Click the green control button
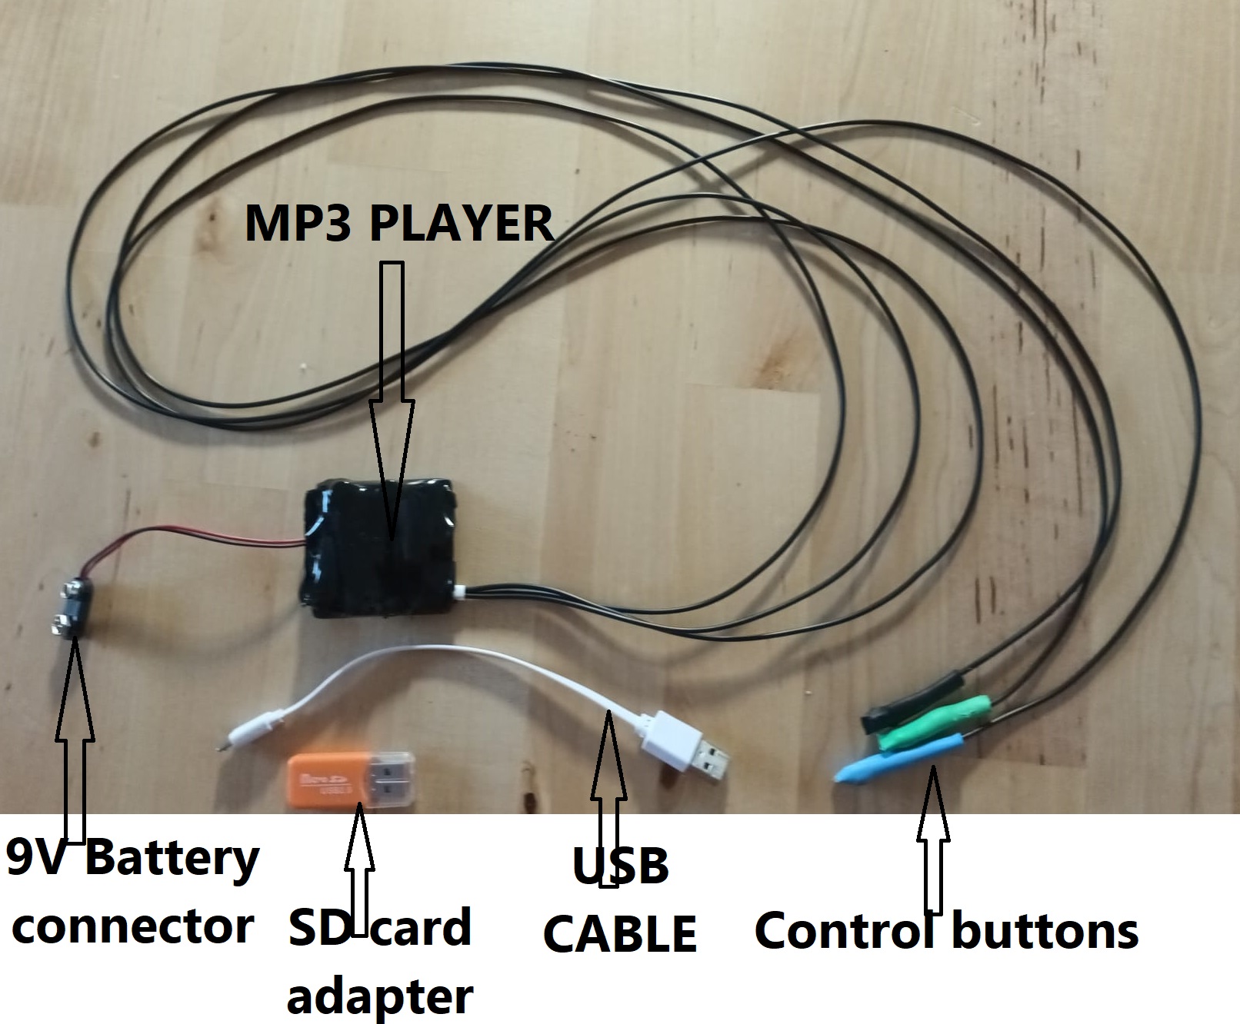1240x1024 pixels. point(935,721)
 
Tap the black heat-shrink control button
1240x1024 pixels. point(915,697)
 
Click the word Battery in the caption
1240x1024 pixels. point(171,859)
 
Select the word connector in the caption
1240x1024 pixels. point(132,926)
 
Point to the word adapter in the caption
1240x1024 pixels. point(379,996)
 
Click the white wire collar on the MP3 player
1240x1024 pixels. point(460,593)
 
